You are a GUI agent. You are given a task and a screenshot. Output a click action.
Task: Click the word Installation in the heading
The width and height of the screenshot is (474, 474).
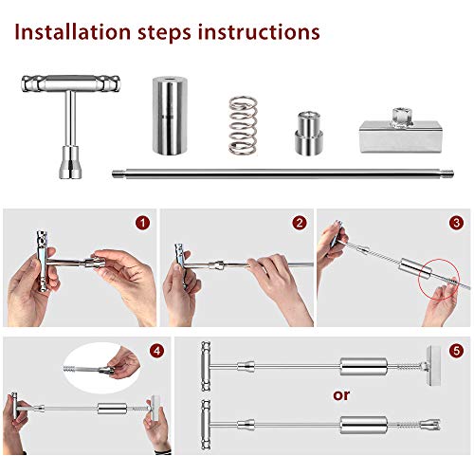[x=73, y=32]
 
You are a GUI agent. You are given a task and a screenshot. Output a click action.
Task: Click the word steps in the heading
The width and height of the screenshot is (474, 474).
[x=164, y=33]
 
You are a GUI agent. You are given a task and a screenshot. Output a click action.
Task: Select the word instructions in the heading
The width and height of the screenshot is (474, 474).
[x=259, y=32]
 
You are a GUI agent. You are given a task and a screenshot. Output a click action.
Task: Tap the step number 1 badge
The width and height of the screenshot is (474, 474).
[x=143, y=223]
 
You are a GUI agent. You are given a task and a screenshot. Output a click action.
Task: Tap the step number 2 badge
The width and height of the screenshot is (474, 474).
[x=300, y=223]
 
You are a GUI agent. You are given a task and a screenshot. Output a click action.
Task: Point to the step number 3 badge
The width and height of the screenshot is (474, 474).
[x=456, y=223]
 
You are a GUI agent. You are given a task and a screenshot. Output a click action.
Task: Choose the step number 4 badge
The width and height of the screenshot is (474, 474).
[x=157, y=351]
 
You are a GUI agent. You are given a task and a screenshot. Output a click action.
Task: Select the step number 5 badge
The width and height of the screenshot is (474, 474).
[x=456, y=351]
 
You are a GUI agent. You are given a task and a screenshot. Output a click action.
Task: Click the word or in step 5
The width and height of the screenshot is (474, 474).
[x=341, y=395]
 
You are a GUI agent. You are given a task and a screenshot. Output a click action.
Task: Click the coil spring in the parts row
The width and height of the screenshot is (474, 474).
[x=243, y=125]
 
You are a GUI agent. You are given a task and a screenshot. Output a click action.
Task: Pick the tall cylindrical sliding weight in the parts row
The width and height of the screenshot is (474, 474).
[x=170, y=116]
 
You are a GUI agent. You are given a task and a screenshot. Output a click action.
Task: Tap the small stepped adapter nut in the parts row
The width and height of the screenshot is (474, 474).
[x=309, y=133]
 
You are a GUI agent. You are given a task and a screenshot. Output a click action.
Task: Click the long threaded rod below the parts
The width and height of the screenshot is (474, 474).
[x=283, y=173]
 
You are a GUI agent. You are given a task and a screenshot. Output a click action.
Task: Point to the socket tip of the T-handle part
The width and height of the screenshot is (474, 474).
[x=70, y=162]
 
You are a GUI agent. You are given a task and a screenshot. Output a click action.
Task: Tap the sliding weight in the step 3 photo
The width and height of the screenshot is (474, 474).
[x=415, y=268]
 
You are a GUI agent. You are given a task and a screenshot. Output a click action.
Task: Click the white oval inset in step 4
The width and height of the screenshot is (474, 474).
[x=101, y=368]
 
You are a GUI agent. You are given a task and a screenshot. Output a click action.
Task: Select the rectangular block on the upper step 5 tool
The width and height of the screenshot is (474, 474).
[x=433, y=366]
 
